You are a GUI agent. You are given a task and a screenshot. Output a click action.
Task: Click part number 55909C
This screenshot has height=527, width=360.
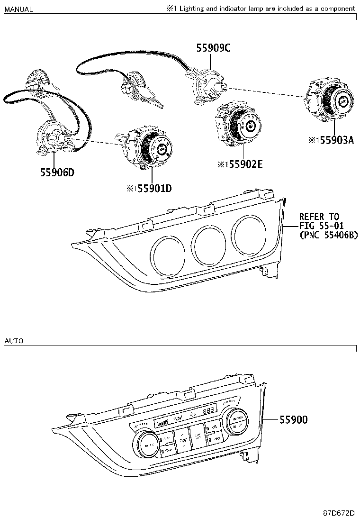coord(213,48)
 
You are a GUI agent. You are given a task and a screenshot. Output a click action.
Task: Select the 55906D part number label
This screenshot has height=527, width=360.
coord(57,173)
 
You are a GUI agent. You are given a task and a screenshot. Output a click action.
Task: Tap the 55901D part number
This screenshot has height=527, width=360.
coord(153,189)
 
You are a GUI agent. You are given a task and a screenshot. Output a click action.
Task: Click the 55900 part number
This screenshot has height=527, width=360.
coord(293,419)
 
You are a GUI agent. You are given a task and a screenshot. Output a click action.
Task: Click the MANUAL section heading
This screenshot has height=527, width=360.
coord(18,9)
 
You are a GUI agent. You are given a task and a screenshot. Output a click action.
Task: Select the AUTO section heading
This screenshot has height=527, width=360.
coord(14,341)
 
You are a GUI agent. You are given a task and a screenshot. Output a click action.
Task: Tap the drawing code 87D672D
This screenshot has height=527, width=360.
coord(339,514)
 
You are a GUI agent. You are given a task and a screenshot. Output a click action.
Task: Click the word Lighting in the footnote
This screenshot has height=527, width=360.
coord(191,9)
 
